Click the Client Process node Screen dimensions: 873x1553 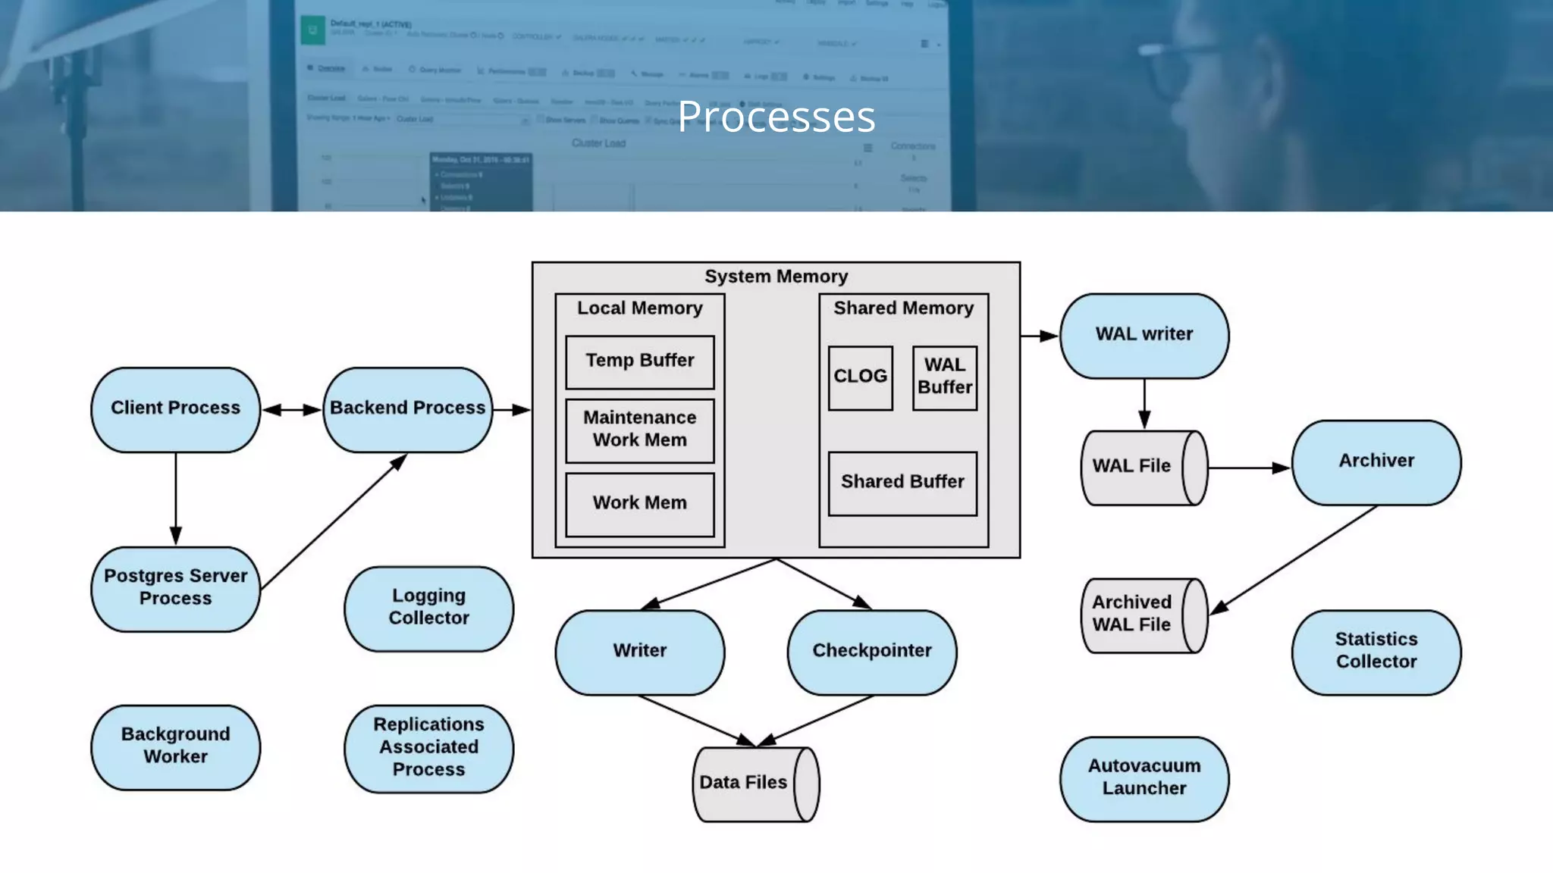[x=175, y=410]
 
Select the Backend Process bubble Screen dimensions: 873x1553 [x=407, y=410]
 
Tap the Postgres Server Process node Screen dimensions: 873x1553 [x=175, y=589]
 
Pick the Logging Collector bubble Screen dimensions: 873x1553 [x=428, y=609]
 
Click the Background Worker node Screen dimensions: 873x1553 [x=175, y=747]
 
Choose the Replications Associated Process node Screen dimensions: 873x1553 [x=428, y=749]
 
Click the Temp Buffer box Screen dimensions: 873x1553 [x=639, y=361]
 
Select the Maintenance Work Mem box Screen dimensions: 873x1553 [x=639, y=430]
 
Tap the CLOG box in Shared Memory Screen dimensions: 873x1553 [x=860, y=377]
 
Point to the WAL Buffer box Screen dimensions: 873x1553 [x=944, y=377]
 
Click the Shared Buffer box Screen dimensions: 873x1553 [x=902, y=483]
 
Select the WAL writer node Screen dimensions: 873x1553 [x=1144, y=336]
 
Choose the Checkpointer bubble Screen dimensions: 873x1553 [x=871, y=652]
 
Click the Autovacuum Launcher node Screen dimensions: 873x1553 [x=1144, y=778]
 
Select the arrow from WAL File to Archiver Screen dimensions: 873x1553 [x=1248, y=468]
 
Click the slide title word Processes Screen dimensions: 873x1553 [x=776, y=117]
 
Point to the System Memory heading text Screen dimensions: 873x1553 [x=776, y=277]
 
